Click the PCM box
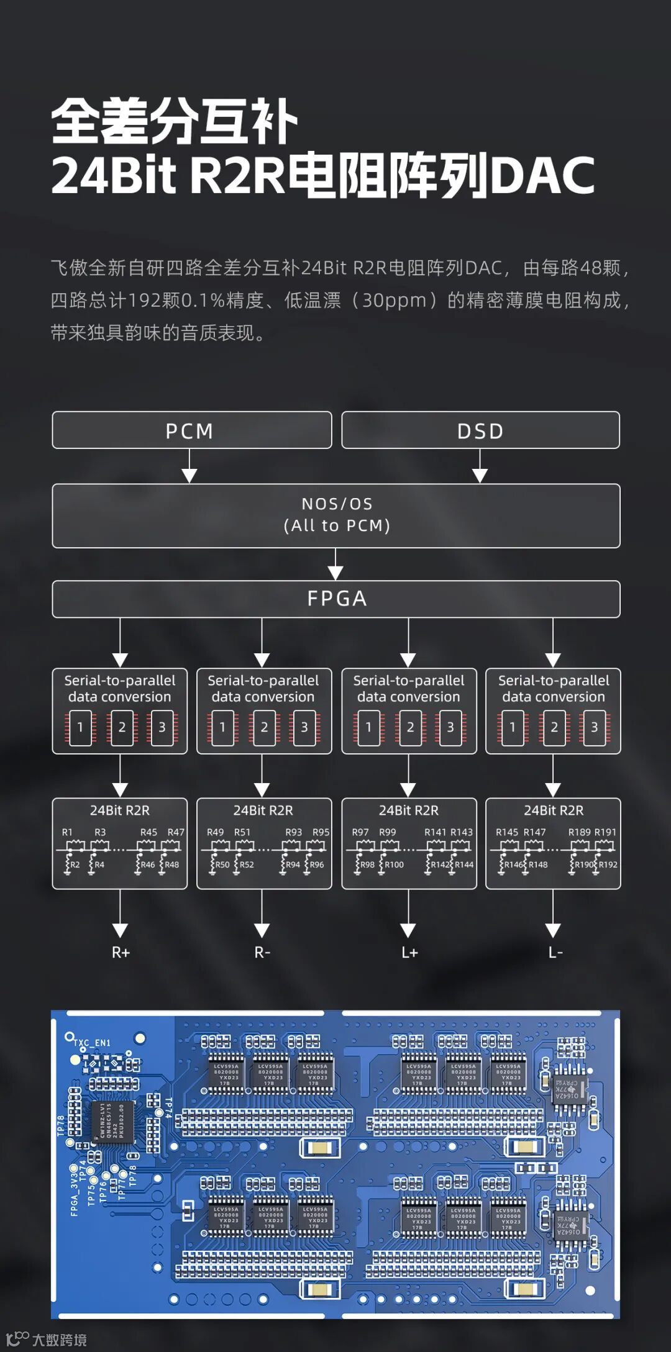tap(191, 430)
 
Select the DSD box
tap(480, 430)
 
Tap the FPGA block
tap(336, 599)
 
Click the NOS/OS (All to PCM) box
tap(336, 515)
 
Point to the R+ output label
tap(121, 952)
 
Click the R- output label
tap(262, 952)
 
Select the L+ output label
tap(409, 952)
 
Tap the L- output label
tap(555, 952)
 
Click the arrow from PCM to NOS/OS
tap(189, 466)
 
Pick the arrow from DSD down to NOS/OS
tap(480, 466)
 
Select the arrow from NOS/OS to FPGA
tap(335, 564)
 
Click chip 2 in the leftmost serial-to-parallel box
tap(122, 727)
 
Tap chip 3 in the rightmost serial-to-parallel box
tap(594, 727)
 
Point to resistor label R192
tap(608, 864)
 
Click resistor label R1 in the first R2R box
tap(67, 832)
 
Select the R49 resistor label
tap(215, 832)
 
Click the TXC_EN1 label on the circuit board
tap(92, 1043)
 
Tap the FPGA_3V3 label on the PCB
tap(75, 1193)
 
